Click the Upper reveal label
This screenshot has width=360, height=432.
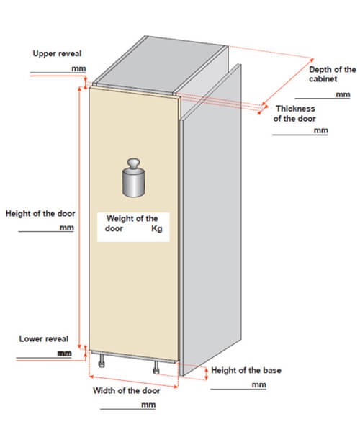click(x=57, y=53)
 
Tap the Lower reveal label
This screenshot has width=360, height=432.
click(x=44, y=338)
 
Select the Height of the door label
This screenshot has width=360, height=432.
click(x=40, y=214)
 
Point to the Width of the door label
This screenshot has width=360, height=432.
click(x=127, y=390)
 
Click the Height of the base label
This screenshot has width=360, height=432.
click(x=246, y=370)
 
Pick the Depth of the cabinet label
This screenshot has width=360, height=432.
click(x=333, y=74)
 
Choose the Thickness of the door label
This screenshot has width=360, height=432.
click(x=294, y=114)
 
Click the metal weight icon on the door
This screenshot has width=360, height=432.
click(x=133, y=178)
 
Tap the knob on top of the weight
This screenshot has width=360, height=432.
click(x=133, y=163)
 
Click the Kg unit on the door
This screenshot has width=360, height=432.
click(x=157, y=228)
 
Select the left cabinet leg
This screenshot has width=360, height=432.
click(x=102, y=361)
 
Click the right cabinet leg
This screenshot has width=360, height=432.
click(x=156, y=367)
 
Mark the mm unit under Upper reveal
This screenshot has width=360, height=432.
click(x=78, y=68)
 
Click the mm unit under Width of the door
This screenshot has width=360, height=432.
click(x=148, y=405)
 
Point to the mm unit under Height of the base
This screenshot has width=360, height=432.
click(x=259, y=385)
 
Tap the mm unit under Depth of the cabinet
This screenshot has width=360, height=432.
click(x=343, y=94)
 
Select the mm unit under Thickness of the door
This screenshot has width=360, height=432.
click(x=321, y=130)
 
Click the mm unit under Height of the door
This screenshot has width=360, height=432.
click(x=67, y=228)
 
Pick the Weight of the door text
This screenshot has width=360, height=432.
click(x=131, y=223)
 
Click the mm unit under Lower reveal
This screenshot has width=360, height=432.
click(x=65, y=354)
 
